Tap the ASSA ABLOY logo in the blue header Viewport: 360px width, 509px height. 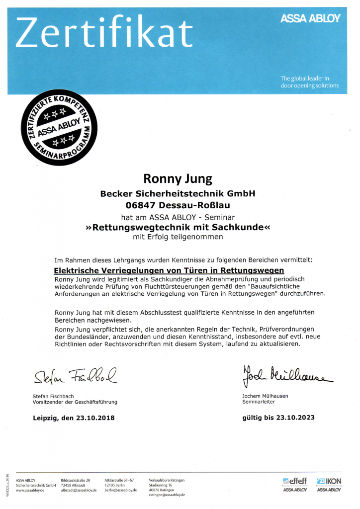310,18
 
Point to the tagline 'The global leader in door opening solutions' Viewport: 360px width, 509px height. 309,82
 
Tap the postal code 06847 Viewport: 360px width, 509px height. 141,205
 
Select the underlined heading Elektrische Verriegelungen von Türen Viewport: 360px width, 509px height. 169,270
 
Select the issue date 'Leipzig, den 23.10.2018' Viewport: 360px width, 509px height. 74,418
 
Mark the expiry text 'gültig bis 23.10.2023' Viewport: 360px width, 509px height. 278,418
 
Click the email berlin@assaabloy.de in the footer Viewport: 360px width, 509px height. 121,490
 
